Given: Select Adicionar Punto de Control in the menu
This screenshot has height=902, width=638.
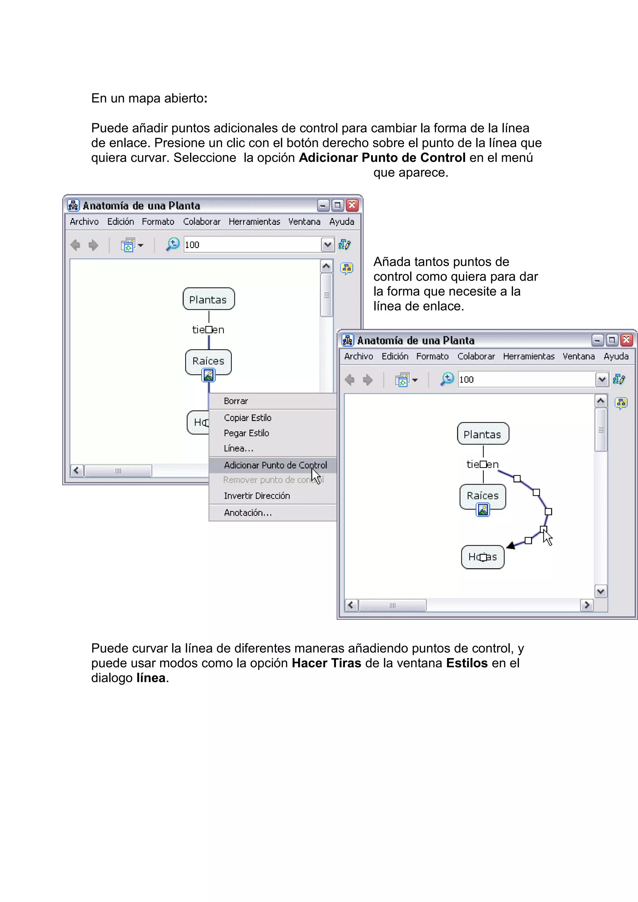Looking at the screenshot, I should pos(275,465).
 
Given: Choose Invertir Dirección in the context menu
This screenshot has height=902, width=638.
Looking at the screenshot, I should pos(257,496).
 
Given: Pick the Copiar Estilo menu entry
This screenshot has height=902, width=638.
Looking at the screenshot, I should pos(248,418).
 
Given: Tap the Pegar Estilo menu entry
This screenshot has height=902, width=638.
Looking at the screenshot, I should pos(246,433).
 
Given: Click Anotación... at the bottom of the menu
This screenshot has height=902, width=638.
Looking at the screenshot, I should pos(248,513).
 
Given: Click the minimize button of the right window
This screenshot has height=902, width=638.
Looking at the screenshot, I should pos(597,340).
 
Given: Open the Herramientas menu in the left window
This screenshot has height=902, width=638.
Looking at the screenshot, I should pos(254,222).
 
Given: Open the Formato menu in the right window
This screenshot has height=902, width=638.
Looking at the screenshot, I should pos(432,356).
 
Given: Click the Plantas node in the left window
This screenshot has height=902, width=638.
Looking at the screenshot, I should pos(208,299).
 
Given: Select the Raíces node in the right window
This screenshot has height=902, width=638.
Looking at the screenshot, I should pos(483,496).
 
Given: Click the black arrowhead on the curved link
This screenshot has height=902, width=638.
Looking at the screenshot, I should pos(511,545).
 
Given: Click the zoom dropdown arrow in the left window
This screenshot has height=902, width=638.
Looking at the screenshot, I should pos(327,245).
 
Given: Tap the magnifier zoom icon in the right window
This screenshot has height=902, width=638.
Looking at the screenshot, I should pos(447,379).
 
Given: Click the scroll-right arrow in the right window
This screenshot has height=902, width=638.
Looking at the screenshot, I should pos(587,605).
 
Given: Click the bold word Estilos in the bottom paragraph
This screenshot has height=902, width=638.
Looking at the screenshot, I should pos(467,663).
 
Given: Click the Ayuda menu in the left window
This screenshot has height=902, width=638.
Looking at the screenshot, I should pos(342,222).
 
